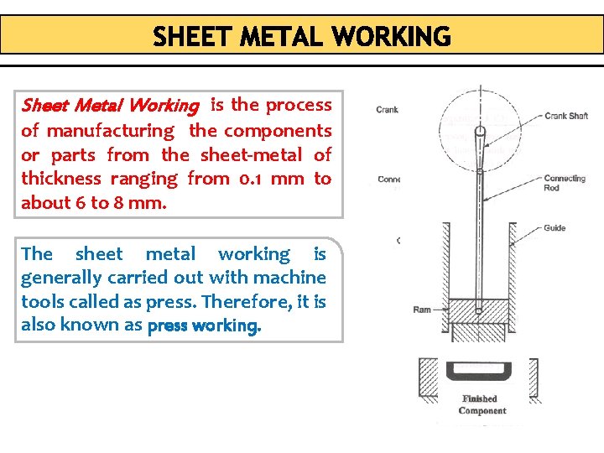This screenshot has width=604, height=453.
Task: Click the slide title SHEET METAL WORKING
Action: click(x=302, y=37)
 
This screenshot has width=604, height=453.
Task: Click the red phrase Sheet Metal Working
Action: click(x=110, y=106)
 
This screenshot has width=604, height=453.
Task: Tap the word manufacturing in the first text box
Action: click(x=110, y=131)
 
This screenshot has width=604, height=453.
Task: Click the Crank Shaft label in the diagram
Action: click(x=566, y=116)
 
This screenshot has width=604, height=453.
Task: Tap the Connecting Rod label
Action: click(x=564, y=183)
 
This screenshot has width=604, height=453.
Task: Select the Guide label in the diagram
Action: click(x=554, y=228)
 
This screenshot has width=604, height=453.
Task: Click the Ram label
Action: click(x=422, y=310)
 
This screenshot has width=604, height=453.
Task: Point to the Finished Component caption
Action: click(x=482, y=404)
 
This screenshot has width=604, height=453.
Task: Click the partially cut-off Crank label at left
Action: click(x=387, y=109)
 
